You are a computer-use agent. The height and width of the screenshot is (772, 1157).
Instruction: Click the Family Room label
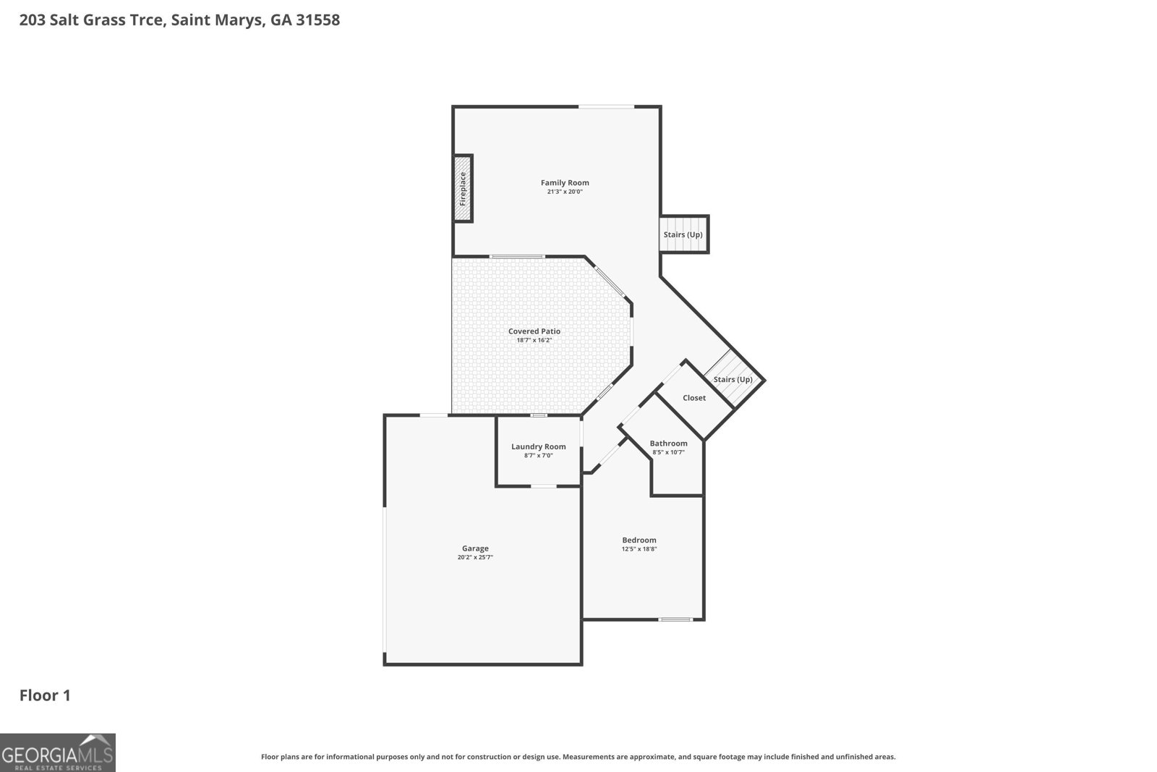point(565,183)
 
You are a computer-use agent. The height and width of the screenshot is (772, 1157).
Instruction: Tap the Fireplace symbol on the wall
point(463,189)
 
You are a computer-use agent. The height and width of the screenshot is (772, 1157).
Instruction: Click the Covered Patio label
point(534,331)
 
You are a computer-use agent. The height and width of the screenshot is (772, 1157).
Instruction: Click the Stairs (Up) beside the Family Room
point(683,235)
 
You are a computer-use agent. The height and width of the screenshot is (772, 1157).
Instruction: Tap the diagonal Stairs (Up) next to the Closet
point(733,380)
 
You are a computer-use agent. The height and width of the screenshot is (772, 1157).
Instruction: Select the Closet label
point(694,398)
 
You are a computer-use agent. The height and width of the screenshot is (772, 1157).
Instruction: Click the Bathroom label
point(668,444)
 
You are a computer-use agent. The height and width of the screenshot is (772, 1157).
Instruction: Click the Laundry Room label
point(539,446)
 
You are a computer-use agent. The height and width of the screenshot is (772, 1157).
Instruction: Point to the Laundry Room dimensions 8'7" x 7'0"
point(539,456)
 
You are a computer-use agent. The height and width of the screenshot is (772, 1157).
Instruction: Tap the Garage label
point(475,548)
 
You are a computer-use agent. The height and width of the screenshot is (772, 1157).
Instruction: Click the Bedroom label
point(639,540)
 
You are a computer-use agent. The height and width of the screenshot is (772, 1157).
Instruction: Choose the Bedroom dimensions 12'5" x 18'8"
point(639,549)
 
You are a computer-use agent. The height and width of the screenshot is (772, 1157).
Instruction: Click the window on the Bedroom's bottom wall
point(675,619)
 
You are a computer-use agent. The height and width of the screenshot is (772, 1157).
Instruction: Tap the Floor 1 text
point(45,695)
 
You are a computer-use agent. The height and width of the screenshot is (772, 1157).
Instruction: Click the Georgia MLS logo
point(57,753)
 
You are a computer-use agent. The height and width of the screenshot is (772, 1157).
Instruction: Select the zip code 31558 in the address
point(317,20)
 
